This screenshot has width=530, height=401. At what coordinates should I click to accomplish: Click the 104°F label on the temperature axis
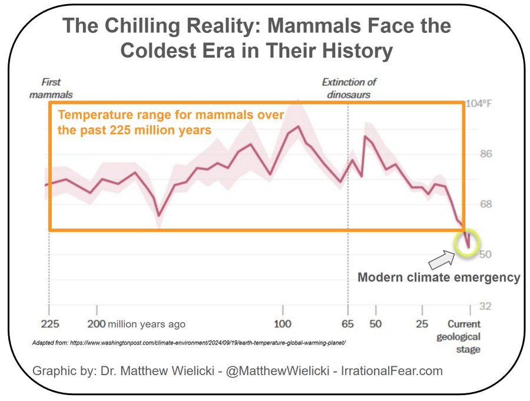(x=479, y=104)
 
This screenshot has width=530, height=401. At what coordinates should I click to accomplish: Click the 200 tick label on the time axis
(x=97, y=324)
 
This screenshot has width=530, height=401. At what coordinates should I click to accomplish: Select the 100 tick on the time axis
(x=283, y=324)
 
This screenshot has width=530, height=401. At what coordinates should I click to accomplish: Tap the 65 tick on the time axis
(x=348, y=324)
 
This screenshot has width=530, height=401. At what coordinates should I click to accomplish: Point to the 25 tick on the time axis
(x=422, y=324)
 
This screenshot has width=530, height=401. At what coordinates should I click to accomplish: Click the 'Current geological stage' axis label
(x=463, y=337)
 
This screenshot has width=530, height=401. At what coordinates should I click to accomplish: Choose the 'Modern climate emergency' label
(x=439, y=277)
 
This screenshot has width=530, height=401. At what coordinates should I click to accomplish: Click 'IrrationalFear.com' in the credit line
(x=389, y=371)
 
